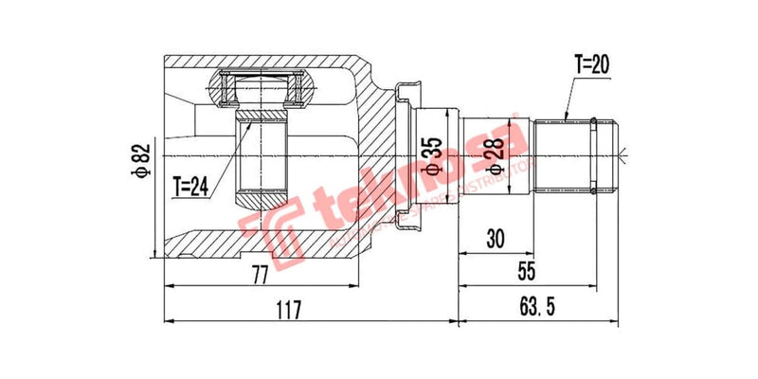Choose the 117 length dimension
click(x=288, y=310)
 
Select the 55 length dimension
click(x=527, y=272)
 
